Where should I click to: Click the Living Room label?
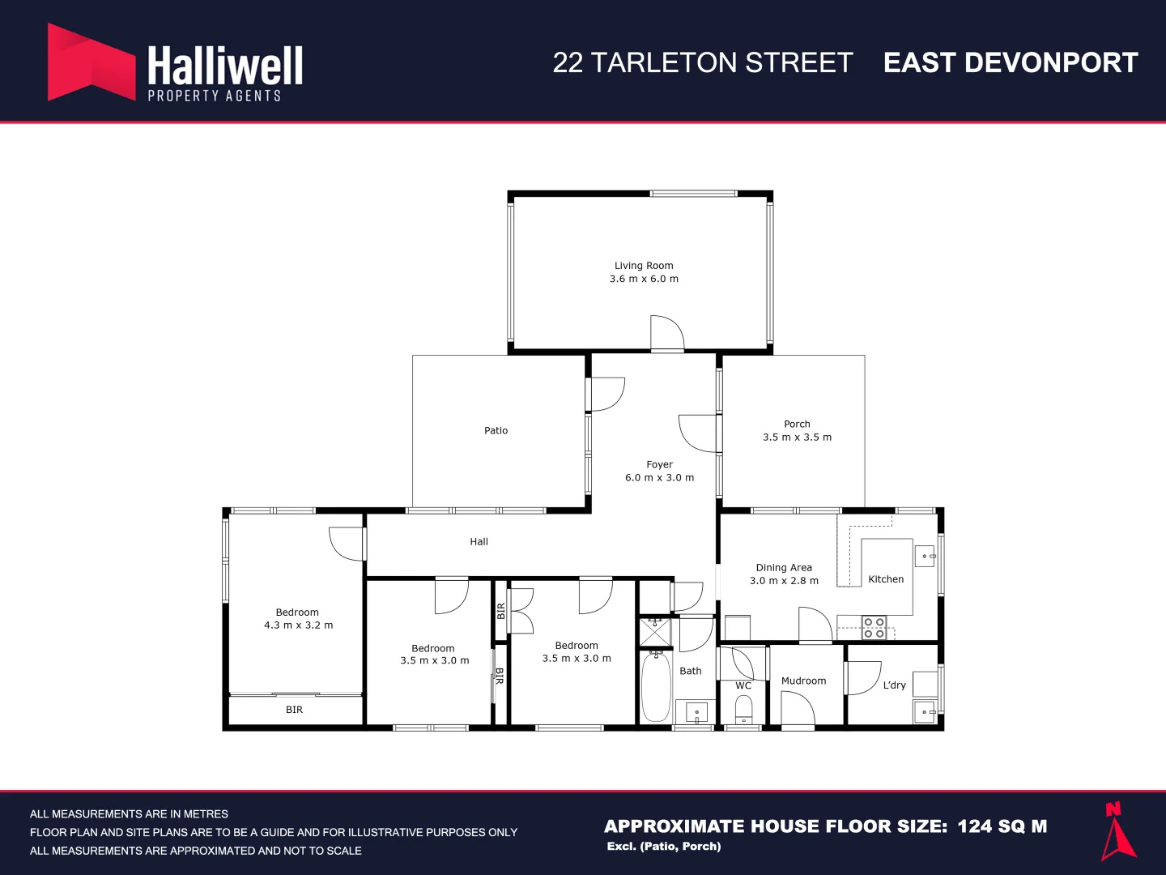click(x=644, y=265)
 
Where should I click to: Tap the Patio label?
click(x=496, y=430)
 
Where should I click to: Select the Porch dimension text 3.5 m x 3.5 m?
click(x=797, y=437)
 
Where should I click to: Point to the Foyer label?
click(x=659, y=464)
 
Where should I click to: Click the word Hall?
click(x=479, y=541)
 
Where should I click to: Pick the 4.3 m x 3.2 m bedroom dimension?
click(x=298, y=625)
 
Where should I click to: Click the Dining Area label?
click(x=784, y=567)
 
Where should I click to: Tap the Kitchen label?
click(x=886, y=579)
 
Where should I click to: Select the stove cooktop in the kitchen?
click(x=874, y=627)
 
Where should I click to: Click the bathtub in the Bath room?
click(x=656, y=688)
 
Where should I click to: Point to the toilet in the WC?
click(x=743, y=709)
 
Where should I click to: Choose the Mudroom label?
click(x=803, y=681)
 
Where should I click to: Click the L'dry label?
click(x=894, y=685)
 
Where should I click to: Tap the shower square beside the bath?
click(x=655, y=632)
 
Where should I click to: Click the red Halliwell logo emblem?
click(x=91, y=62)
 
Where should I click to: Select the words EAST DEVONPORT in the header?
click(x=1011, y=62)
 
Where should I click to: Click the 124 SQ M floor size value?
click(x=1002, y=826)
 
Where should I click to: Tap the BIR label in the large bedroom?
click(x=294, y=709)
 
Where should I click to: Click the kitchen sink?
click(x=925, y=557)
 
